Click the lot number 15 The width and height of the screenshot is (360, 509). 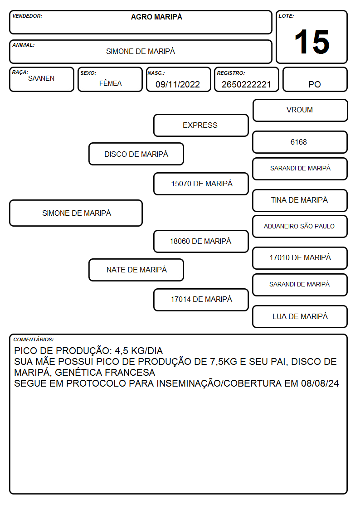pyautogui.click(x=311, y=42)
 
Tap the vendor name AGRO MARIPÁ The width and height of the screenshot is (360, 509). pyautogui.click(x=156, y=17)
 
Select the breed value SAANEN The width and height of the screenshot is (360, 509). pyautogui.click(x=41, y=78)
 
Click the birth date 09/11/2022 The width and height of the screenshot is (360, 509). pyautogui.click(x=178, y=84)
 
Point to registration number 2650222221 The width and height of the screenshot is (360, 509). pyautogui.click(x=246, y=84)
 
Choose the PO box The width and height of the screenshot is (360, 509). pyautogui.click(x=315, y=79)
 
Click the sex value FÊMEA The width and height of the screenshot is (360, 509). pyautogui.click(x=110, y=83)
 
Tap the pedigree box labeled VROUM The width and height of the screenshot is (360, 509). pyautogui.click(x=300, y=111)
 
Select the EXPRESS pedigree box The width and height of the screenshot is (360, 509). pyautogui.click(x=201, y=125)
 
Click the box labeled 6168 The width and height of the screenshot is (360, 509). pyautogui.click(x=300, y=142)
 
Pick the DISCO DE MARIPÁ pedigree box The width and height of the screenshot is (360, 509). pyautogui.click(x=136, y=154)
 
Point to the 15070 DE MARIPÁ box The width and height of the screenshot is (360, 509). pyautogui.click(x=201, y=184)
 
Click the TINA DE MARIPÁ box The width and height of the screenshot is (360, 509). pyautogui.click(x=300, y=200)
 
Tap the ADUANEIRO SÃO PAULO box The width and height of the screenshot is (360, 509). pyautogui.click(x=300, y=227)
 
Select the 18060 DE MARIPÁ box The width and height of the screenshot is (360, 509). pyautogui.click(x=201, y=241)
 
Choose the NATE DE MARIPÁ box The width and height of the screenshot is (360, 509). pyautogui.click(x=136, y=270)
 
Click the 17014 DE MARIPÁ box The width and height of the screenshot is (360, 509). pyautogui.click(x=201, y=300)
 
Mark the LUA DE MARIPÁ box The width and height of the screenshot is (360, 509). pyautogui.click(x=300, y=316)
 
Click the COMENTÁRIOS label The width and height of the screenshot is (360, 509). pyautogui.click(x=34, y=339)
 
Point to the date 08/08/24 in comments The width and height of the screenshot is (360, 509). pyautogui.click(x=320, y=383)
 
